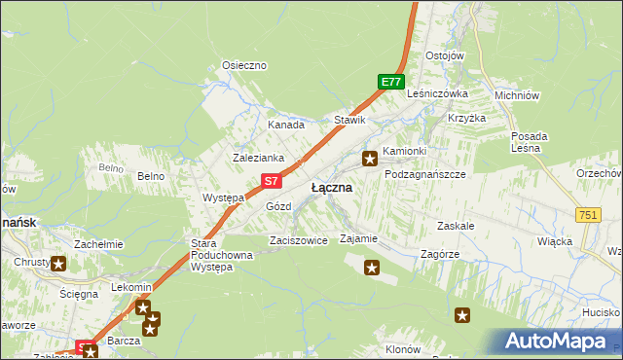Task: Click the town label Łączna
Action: (331, 187)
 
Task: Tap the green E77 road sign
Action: (391, 83)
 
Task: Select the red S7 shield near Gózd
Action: (274, 181)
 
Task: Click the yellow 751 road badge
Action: (587, 215)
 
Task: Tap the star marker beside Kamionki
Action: (370, 158)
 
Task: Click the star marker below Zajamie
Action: (371, 267)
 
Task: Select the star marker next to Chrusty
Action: (58, 263)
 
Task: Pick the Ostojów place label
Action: (444, 55)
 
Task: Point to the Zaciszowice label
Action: (298, 239)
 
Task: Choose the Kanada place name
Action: (286, 125)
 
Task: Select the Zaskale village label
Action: (456, 225)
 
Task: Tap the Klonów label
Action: (402, 349)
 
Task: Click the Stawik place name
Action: (349, 120)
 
